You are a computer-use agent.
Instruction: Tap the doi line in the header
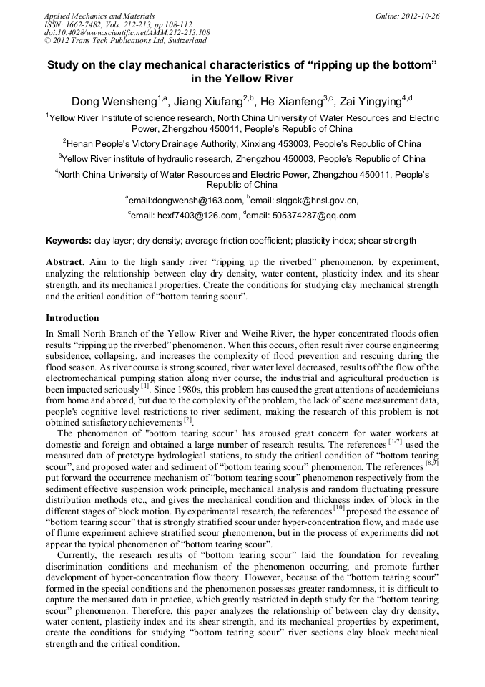(x=127, y=32)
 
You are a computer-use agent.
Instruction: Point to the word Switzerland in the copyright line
(x=170, y=41)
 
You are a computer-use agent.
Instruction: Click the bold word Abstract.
(x=65, y=262)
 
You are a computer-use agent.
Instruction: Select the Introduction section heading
(x=72, y=317)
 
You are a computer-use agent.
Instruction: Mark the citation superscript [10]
(x=341, y=506)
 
